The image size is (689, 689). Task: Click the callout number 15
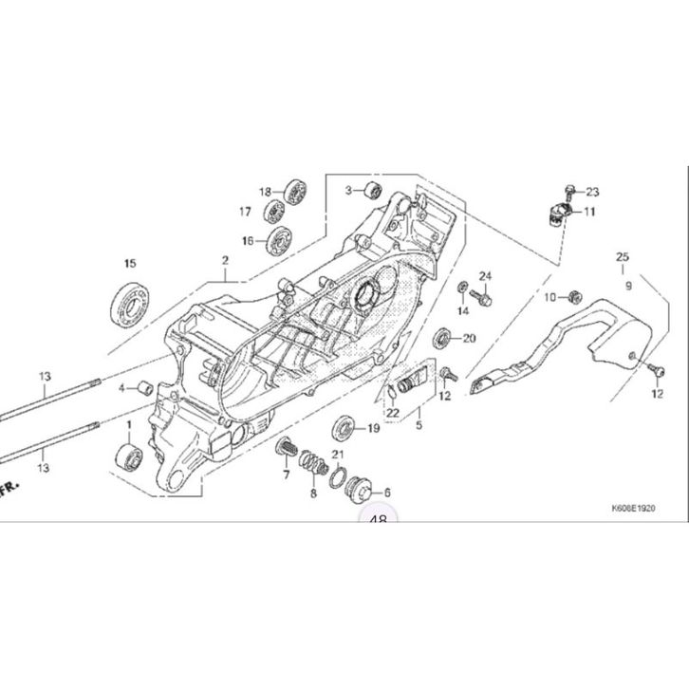click(x=131, y=263)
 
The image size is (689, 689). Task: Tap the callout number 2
click(x=226, y=260)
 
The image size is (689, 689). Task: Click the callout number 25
click(x=623, y=257)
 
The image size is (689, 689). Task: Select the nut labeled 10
click(x=576, y=297)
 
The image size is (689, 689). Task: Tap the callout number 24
click(x=485, y=276)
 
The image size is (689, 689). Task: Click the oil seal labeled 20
click(x=442, y=337)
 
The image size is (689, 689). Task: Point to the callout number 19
click(x=373, y=429)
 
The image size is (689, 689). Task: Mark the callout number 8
click(x=314, y=493)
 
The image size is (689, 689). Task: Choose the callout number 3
click(x=349, y=191)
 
